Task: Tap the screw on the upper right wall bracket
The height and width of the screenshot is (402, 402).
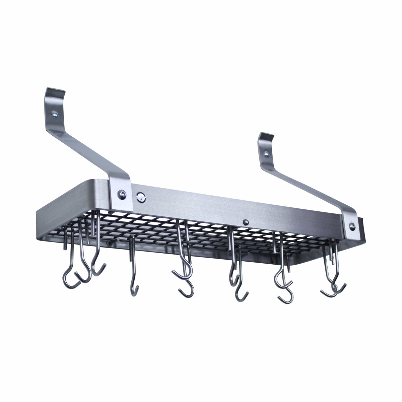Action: click(266, 154)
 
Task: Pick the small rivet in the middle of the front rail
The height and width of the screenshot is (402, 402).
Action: click(246, 221)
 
